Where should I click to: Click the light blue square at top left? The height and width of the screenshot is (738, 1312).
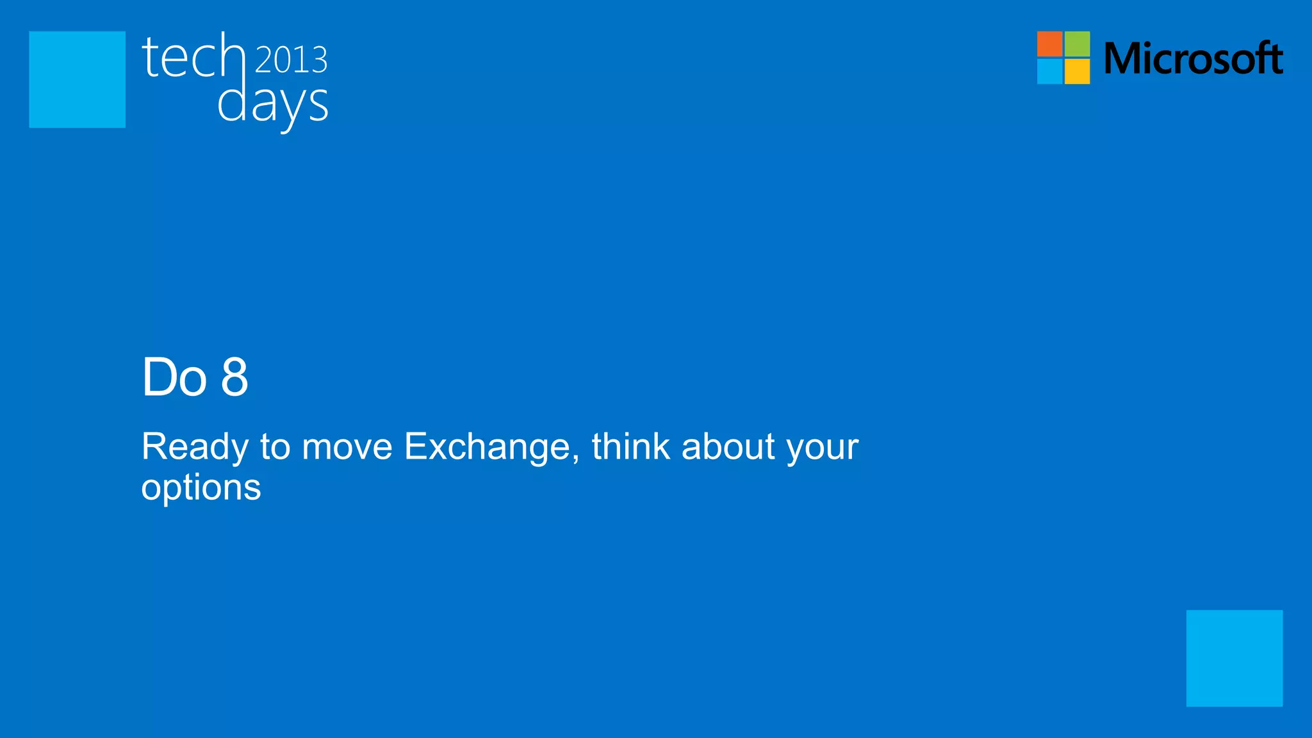click(77, 79)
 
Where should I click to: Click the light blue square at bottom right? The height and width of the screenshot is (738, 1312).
click(1234, 658)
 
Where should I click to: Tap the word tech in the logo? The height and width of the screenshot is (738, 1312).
click(193, 57)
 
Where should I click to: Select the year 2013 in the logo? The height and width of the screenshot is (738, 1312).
click(291, 60)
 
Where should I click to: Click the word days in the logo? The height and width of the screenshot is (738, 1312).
click(272, 104)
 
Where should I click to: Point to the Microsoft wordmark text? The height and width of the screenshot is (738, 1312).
click(1193, 58)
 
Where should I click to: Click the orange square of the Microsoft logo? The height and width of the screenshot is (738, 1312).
click(1049, 44)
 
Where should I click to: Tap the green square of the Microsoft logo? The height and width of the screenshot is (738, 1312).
click(1078, 44)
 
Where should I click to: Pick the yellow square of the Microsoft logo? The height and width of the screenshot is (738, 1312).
click(1078, 72)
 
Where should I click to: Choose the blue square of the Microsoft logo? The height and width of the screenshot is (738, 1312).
click(1049, 72)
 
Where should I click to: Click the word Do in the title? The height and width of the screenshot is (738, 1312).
click(174, 377)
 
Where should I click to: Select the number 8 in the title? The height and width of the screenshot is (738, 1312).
click(234, 377)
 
